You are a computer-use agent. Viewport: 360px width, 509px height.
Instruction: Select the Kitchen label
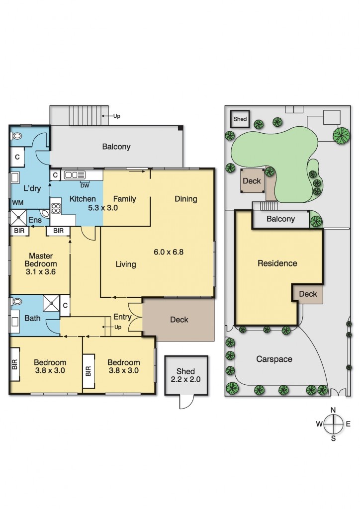point(83,199)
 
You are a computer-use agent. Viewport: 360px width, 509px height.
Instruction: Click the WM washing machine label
point(17,203)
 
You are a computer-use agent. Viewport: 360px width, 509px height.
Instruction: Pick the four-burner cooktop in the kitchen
point(55,208)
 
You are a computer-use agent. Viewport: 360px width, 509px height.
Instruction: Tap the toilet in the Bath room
point(17,302)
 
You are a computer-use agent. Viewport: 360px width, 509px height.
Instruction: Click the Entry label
point(122,317)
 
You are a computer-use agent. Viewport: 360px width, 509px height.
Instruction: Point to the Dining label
point(186,199)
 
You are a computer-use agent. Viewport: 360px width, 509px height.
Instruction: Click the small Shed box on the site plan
point(240,119)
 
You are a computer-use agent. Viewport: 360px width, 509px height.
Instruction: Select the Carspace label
point(274,359)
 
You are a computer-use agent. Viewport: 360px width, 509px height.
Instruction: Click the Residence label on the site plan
point(277,263)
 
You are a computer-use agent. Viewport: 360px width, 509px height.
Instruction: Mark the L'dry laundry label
point(32,188)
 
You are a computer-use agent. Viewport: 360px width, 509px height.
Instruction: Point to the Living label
point(126,264)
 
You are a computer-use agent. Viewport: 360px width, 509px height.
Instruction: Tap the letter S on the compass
point(334,438)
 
